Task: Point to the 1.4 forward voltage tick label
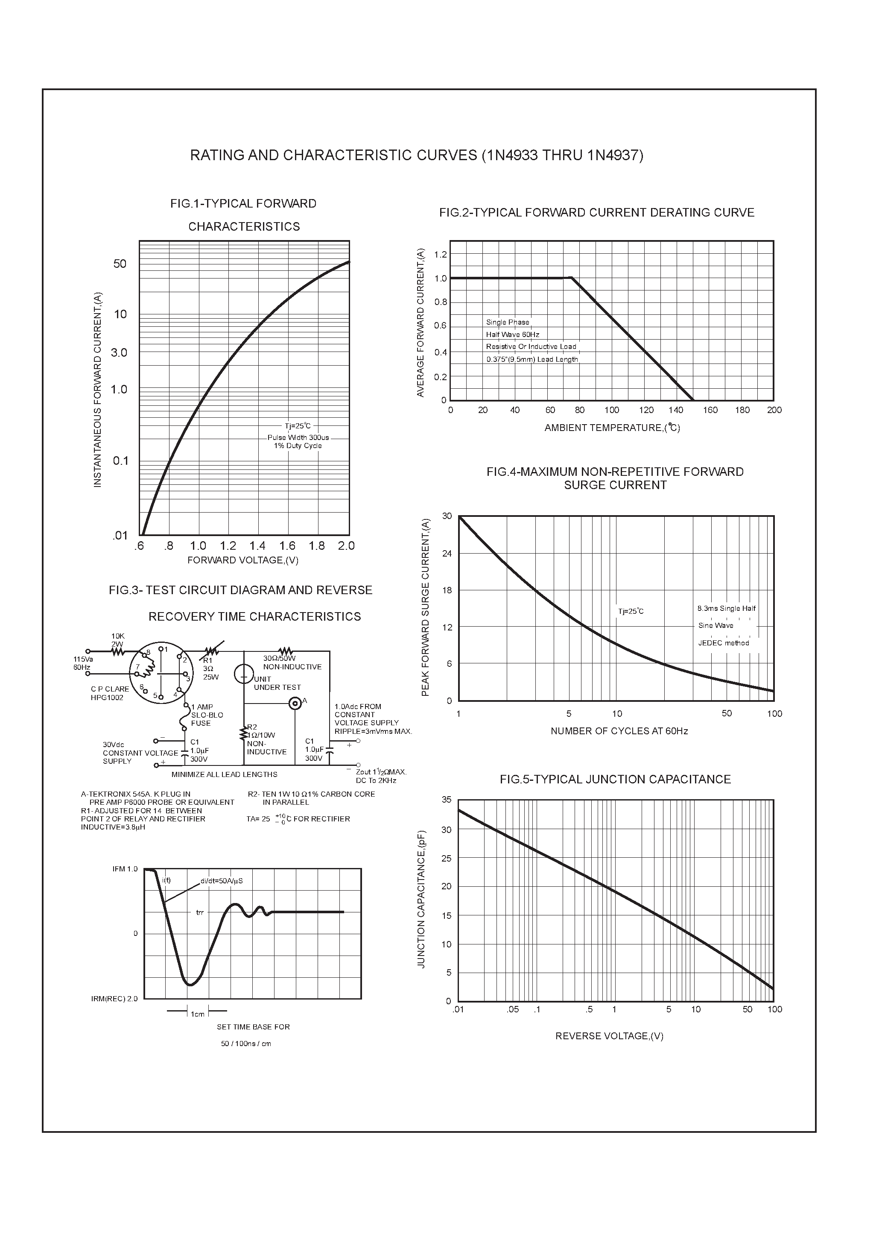pos(257,545)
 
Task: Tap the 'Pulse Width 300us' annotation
pos(298,437)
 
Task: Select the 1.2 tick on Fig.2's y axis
pos(441,255)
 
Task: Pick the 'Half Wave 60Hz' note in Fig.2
pos(512,334)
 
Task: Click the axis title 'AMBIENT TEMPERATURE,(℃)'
pos(612,428)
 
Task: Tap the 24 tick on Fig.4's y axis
pos(447,554)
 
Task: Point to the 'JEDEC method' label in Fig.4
pos(723,643)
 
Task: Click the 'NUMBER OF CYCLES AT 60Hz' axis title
pos(619,731)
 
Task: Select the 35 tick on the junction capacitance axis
pos(447,800)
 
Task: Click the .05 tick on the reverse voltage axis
pos(512,1010)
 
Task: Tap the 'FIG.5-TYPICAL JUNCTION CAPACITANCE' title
pos(615,780)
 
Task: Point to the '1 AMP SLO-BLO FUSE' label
pos(207,715)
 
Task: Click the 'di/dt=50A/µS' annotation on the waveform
pos(221,881)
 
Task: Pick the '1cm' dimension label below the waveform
pos(197,1014)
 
